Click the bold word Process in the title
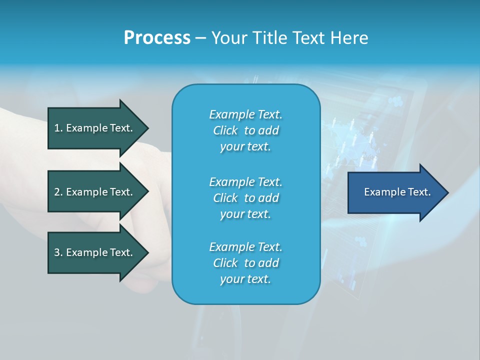click(157, 38)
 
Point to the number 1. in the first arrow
click(58, 128)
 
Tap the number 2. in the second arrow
click(58, 192)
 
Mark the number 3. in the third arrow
click(58, 252)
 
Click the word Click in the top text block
click(225, 130)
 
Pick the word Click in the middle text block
click(225, 198)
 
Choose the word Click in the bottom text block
click(225, 263)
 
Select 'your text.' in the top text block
click(245, 147)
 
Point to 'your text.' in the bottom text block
click(245, 279)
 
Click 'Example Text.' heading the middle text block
click(245, 182)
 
